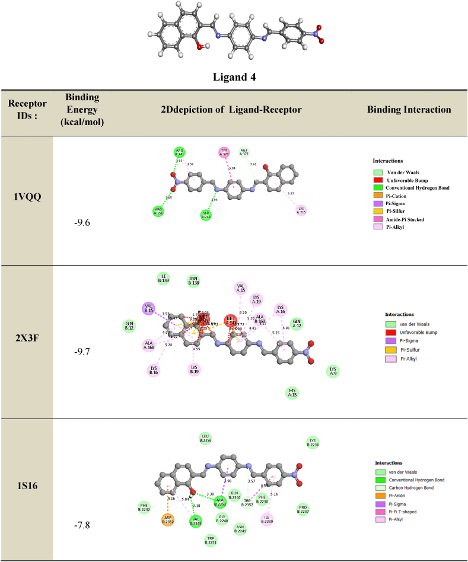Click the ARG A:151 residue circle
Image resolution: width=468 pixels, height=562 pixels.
(158, 211)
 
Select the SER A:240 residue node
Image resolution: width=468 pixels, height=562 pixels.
(206, 215)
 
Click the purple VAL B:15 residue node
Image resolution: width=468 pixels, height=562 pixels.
(149, 308)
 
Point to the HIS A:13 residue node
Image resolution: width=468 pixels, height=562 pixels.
(292, 392)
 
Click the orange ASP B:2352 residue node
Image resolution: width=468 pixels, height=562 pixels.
(168, 520)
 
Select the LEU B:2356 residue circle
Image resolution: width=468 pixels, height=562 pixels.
(206, 438)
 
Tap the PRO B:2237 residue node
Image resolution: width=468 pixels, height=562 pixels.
(304, 509)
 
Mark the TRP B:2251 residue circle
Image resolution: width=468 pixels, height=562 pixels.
(210, 539)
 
